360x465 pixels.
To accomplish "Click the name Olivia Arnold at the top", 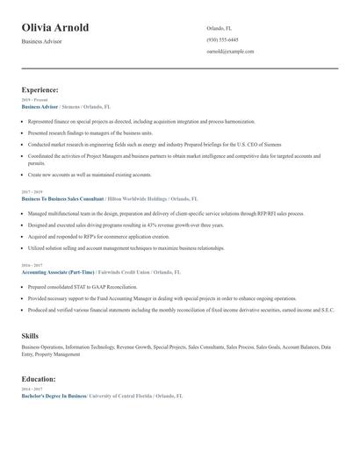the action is tap(55, 27).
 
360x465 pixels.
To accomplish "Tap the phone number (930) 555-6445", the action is tap(222, 39).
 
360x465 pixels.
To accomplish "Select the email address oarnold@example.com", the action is tap(230, 52).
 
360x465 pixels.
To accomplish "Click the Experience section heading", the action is tap(40, 89).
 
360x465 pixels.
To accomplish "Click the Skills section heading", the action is tap(30, 336).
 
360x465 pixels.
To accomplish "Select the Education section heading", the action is tap(39, 379).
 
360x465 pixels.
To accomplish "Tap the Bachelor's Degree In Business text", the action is tap(54, 396).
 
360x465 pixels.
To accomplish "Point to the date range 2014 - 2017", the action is tap(32, 389).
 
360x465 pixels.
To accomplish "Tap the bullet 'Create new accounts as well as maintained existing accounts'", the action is tap(90, 175).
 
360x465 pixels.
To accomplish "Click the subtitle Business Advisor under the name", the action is tap(42, 42).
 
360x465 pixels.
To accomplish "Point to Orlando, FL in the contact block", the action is tap(220, 28).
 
